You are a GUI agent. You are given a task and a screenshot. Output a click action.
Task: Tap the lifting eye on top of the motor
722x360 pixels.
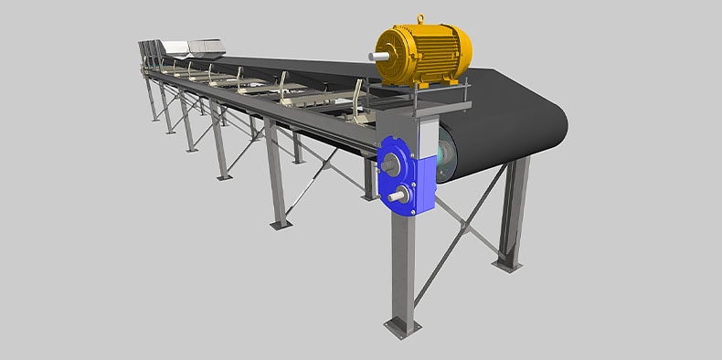(x=421, y=18)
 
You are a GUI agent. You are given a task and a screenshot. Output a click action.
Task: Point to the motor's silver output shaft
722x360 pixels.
(x=374, y=58)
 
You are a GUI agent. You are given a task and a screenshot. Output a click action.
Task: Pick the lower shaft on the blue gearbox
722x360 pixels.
(x=395, y=196)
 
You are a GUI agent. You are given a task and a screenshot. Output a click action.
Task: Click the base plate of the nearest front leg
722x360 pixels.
(x=402, y=324)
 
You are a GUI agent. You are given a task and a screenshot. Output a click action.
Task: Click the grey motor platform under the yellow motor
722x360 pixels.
(x=420, y=92)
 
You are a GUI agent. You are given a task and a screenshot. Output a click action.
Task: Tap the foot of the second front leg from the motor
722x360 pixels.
(x=280, y=222)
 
